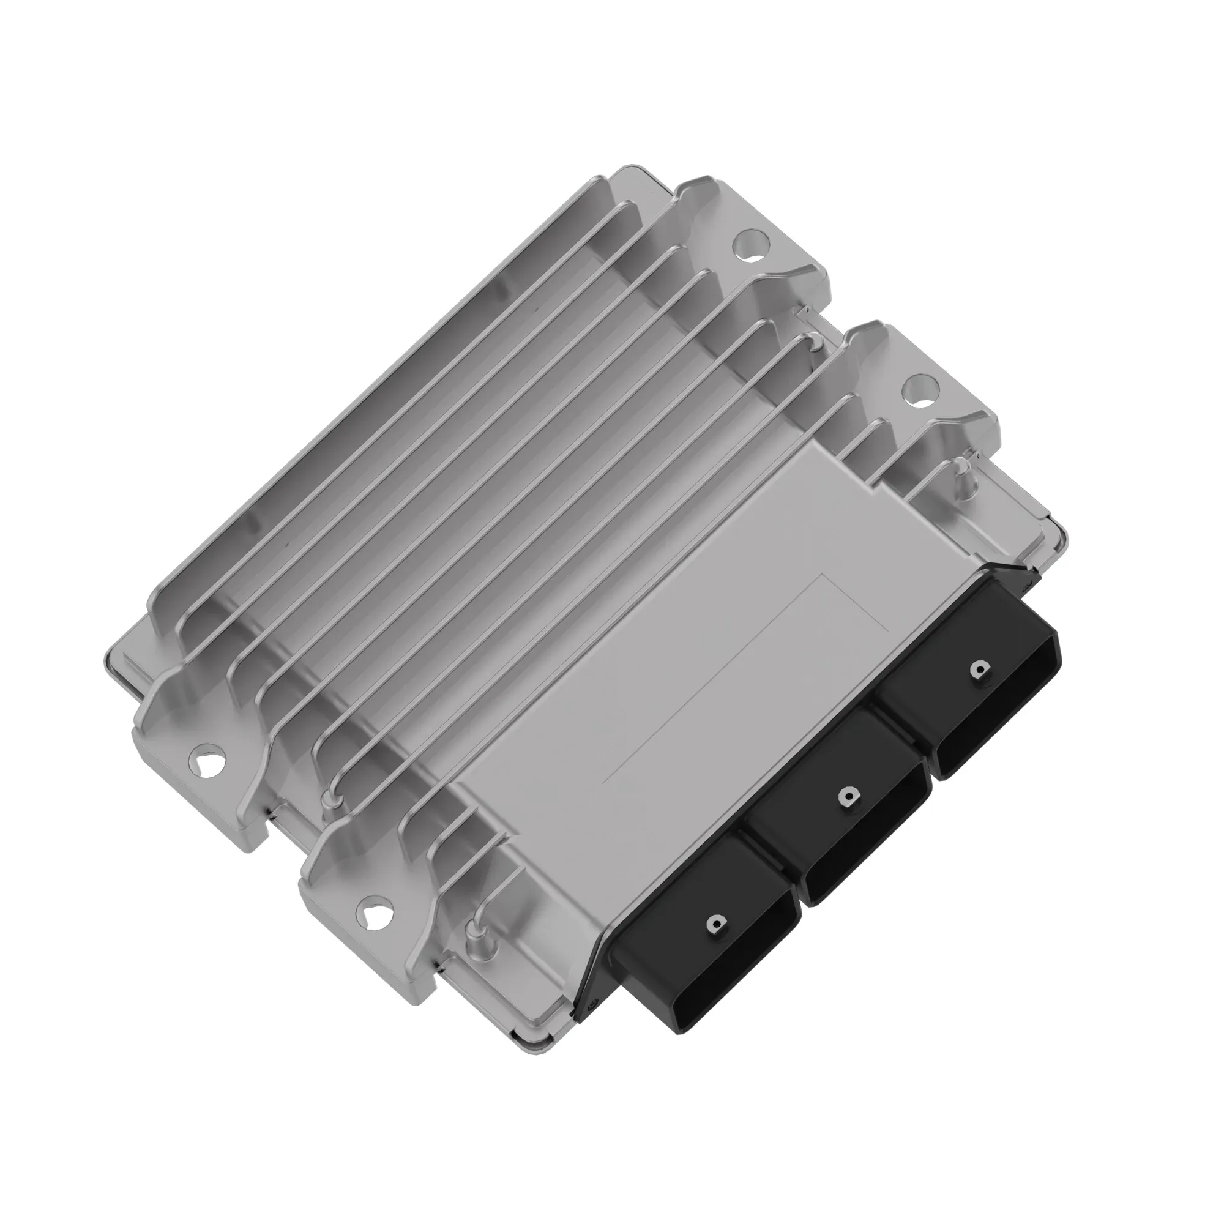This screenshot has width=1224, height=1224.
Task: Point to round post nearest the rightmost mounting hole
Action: (x=961, y=469)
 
